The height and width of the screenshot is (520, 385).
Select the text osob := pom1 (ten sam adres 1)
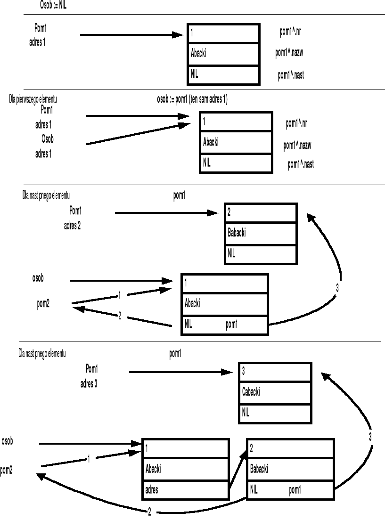pyautogui.click(x=192, y=99)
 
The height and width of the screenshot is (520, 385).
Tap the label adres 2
pyautogui.click(x=72, y=226)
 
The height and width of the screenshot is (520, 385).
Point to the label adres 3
pyautogui.click(x=89, y=384)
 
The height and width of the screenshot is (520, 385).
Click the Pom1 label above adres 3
pyautogui.click(x=92, y=368)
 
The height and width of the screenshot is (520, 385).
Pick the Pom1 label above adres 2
pyautogui.click(x=75, y=210)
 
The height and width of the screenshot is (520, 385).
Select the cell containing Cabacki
pyautogui.click(x=275, y=392)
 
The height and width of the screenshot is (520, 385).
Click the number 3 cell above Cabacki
pyautogui.click(x=275, y=371)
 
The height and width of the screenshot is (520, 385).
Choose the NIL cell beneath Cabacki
pyautogui.click(x=275, y=413)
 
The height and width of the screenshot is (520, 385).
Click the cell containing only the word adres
pyautogui.click(x=185, y=490)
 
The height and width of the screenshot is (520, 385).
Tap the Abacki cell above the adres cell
pyautogui.click(x=185, y=469)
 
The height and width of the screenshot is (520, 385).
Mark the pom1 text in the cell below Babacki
pyautogui.click(x=295, y=490)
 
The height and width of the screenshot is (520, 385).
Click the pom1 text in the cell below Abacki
pyautogui.click(x=231, y=325)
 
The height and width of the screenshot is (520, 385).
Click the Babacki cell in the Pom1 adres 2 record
pyautogui.click(x=261, y=233)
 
